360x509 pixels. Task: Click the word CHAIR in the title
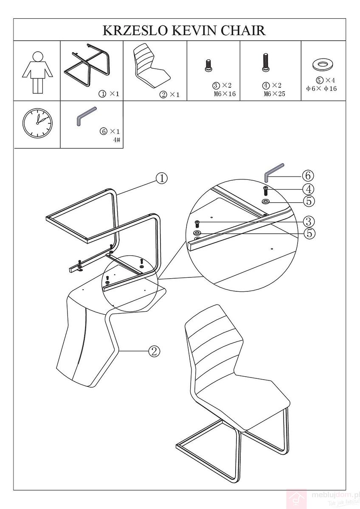click(x=244, y=31)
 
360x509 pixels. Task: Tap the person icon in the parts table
click(x=37, y=72)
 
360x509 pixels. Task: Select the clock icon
click(x=37, y=123)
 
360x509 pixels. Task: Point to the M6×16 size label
click(x=225, y=94)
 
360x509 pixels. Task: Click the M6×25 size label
click(x=274, y=94)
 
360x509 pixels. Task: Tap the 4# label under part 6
click(x=117, y=140)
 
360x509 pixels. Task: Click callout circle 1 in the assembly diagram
click(x=162, y=179)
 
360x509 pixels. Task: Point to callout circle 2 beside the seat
click(x=154, y=352)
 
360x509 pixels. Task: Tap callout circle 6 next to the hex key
click(x=308, y=176)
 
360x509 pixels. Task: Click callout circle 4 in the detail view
click(x=308, y=189)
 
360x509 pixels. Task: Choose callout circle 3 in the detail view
click(x=309, y=221)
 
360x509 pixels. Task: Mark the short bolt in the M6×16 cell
click(x=208, y=66)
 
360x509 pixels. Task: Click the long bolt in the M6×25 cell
click(x=265, y=63)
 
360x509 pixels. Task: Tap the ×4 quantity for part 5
click(x=330, y=80)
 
